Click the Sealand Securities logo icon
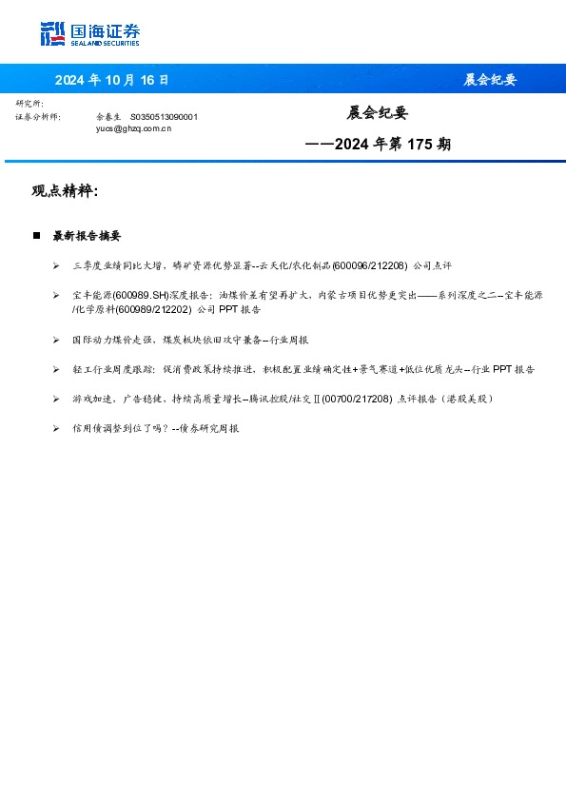(x=52, y=34)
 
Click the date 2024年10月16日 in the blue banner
(x=111, y=80)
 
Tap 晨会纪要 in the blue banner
(x=490, y=80)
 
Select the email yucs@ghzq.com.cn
(x=133, y=127)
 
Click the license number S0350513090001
(x=164, y=116)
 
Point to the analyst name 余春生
(x=107, y=116)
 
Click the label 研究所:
(x=29, y=103)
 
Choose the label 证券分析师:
(x=38, y=116)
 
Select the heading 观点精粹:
(x=65, y=191)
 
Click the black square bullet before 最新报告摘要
(x=37, y=235)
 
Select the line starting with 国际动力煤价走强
(x=189, y=340)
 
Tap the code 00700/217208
(x=357, y=399)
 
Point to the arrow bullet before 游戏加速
(x=57, y=399)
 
